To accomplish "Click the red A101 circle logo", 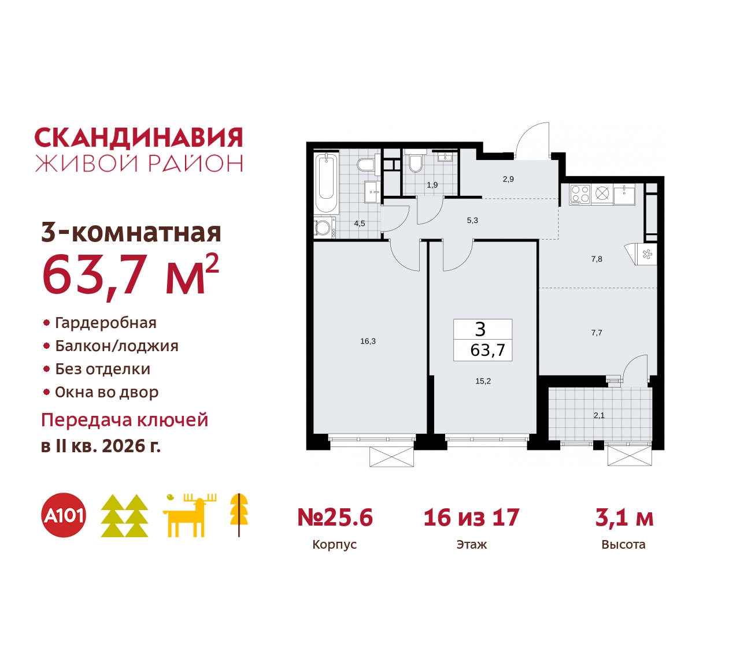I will [64, 515].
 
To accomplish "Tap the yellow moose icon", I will [188, 515].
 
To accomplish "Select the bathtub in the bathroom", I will [326, 182].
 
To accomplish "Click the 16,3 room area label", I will [368, 341].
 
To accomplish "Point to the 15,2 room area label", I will [483, 381].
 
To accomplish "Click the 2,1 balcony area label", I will [599, 415].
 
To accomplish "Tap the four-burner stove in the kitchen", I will [580, 193].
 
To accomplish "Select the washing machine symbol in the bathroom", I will [324, 227].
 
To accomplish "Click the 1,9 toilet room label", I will [432, 185].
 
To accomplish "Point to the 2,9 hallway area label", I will [508, 179].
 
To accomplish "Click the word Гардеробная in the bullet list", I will [106, 323].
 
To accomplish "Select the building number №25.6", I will [335, 518].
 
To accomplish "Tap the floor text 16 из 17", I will [471, 518].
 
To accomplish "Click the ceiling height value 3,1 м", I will [624, 518].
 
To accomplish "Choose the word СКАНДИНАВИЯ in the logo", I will [139, 138].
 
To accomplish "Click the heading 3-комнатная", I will [131, 232].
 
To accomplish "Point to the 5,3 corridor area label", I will [472, 220].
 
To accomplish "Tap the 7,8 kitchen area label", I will [597, 259].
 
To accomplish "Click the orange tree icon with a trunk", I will [239, 514].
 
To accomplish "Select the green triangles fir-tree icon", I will [124, 515].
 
